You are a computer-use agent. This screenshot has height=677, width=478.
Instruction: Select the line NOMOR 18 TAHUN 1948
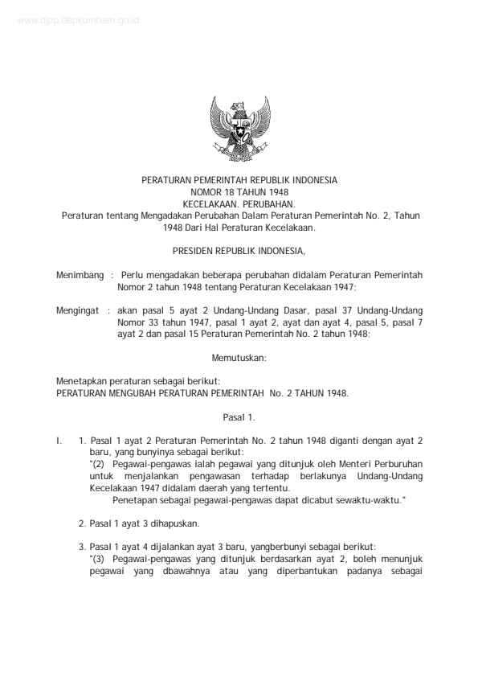pos(239,193)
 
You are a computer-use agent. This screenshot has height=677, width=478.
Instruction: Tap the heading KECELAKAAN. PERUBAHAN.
pos(239,204)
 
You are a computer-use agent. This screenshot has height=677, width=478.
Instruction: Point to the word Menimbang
pos(79,275)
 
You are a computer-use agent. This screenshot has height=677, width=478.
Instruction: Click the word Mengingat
pos(78,310)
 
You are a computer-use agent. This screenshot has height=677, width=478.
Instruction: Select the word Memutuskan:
pos(239,355)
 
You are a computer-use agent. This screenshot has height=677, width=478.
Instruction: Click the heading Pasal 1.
pos(239,417)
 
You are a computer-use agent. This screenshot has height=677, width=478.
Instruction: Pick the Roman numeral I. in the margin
pos(59,441)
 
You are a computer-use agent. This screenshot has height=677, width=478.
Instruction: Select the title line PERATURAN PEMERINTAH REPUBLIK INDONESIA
pos(239,181)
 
